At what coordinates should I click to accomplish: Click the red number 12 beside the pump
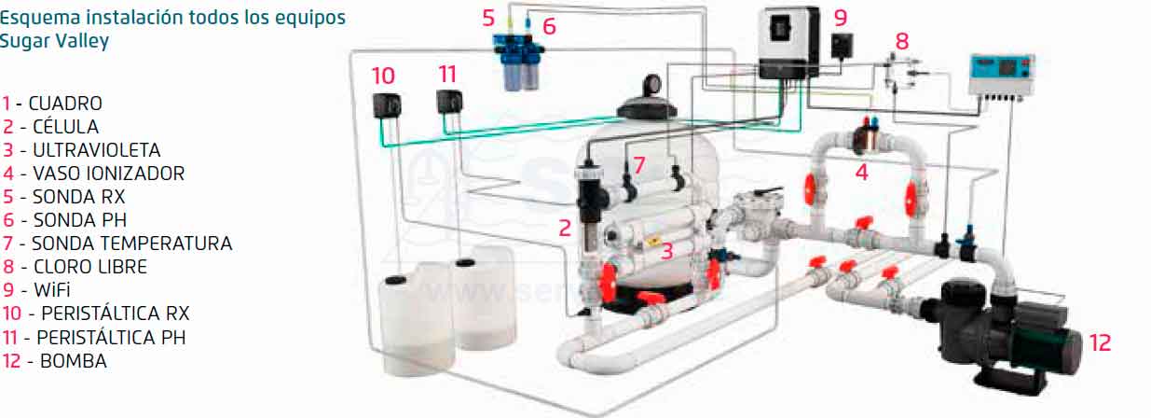[1100, 343]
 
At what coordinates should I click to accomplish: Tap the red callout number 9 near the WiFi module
[841, 18]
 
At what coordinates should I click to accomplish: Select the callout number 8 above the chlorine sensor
[902, 41]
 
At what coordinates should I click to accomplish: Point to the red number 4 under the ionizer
[862, 172]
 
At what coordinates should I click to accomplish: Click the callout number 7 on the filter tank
[638, 165]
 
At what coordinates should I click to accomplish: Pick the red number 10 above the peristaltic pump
[383, 77]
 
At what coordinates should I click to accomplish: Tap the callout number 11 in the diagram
[447, 75]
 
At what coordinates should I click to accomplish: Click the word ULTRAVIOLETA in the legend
[97, 150]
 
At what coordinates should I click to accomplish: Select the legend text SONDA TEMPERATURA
[132, 244]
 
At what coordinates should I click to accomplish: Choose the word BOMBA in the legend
[74, 361]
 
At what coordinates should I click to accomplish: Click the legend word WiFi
[52, 290]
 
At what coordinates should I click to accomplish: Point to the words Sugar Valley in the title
[54, 41]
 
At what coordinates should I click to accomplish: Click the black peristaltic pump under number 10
[387, 105]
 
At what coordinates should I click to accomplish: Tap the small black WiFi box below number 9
[843, 45]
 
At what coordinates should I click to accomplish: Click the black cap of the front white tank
[396, 280]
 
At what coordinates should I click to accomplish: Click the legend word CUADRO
[65, 104]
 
